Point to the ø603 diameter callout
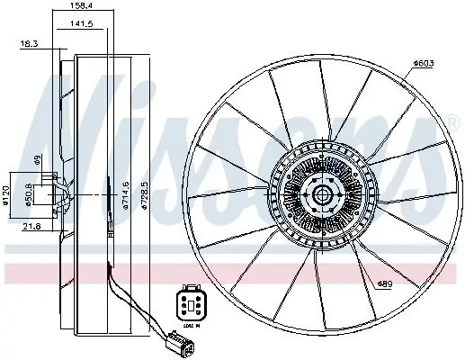425,62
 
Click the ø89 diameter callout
386,284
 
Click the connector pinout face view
190,302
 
